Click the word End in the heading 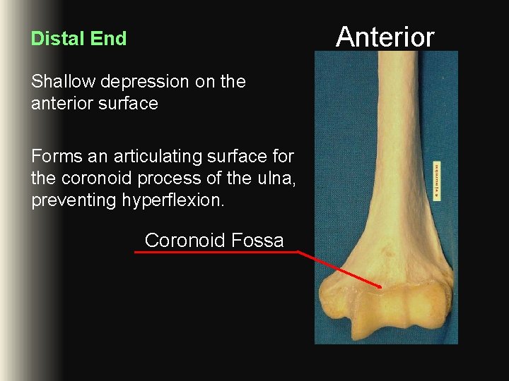(x=110, y=39)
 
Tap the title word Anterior (x=385, y=37)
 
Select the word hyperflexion (x=173, y=201)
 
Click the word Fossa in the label (x=257, y=241)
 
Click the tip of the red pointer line (x=381, y=286)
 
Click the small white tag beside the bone (x=438, y=180)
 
